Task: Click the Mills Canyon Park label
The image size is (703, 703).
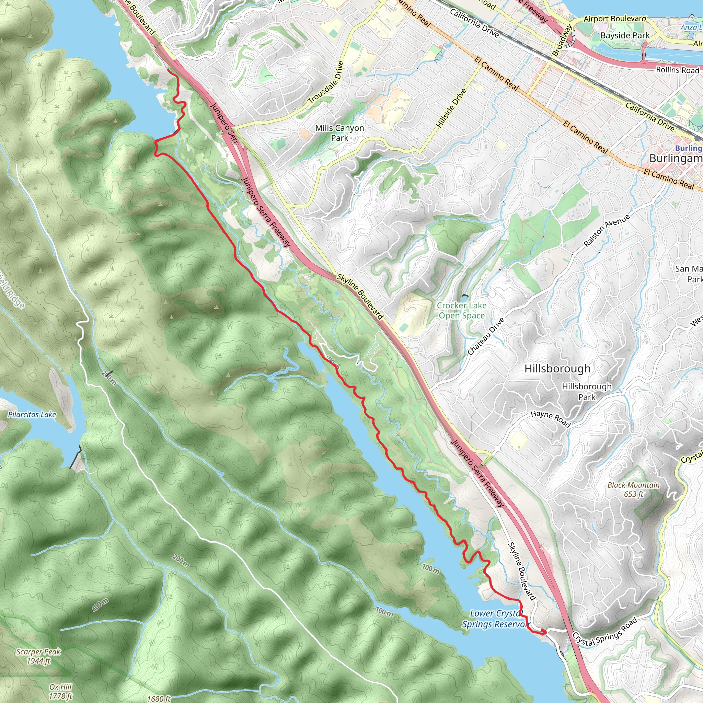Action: [339, 133]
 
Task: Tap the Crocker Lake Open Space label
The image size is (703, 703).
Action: [461, 310]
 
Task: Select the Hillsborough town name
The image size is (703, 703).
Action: [557, 369]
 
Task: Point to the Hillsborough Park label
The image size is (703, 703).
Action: [587, 392]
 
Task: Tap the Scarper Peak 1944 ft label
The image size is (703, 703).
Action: [38, 656]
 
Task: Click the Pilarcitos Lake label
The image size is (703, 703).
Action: [32, 414]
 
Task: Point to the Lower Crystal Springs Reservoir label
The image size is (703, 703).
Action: [495, 619]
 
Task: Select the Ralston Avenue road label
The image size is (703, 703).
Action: [606, 231]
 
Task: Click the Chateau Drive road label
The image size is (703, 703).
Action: [486, 336]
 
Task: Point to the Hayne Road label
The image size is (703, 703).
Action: [551, 419]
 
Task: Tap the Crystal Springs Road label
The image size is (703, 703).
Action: [605, 632]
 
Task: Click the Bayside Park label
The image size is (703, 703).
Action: [625, 36]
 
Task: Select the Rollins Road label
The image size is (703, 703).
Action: [677, 70]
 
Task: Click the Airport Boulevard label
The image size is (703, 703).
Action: [615, 19]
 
